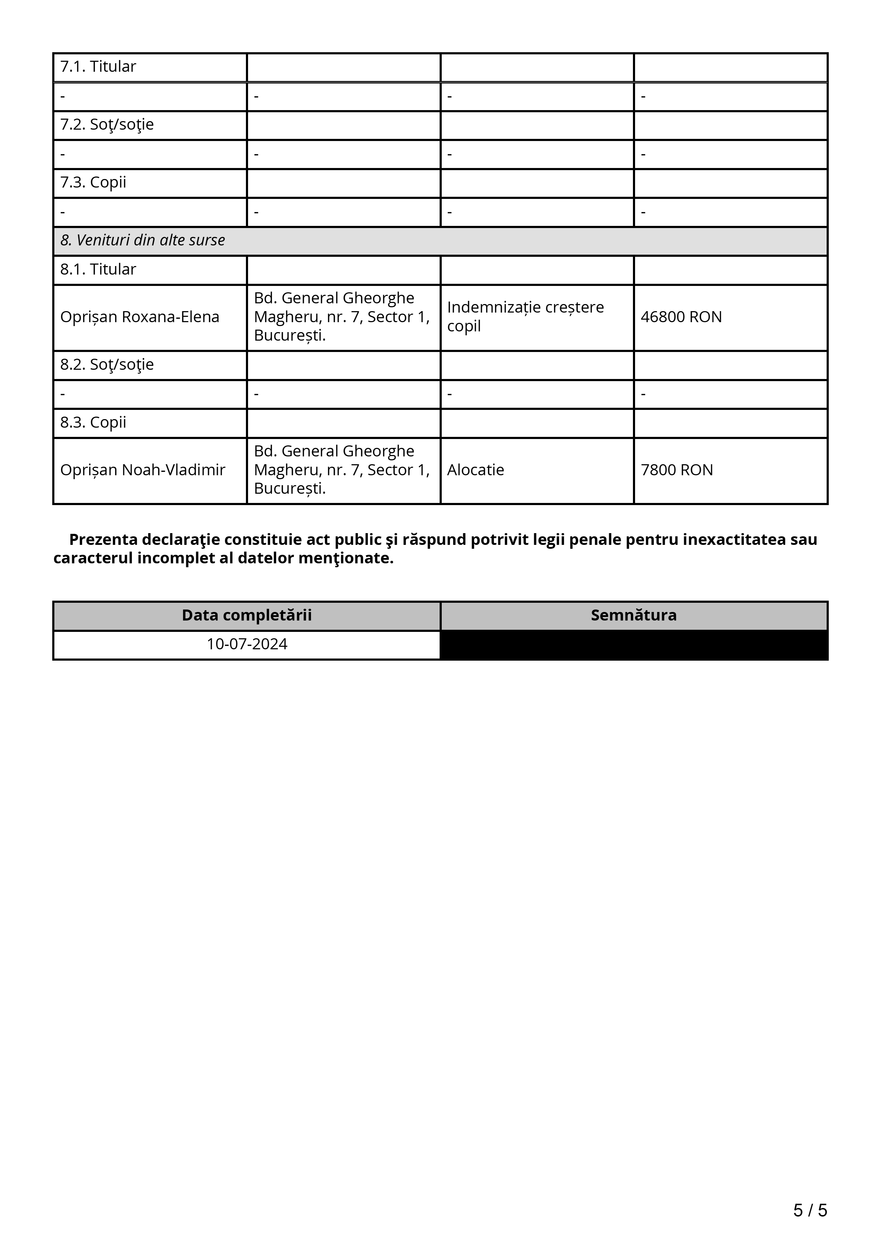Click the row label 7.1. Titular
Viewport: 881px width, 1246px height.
pos(98,67)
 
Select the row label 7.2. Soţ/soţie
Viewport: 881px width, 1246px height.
pos(107,125)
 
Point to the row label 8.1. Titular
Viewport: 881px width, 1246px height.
pos(98,270)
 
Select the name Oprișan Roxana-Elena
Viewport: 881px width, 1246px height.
pos(140,317)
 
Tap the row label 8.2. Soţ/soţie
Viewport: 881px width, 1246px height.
pos(107,365)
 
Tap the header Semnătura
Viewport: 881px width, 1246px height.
pos(633,616)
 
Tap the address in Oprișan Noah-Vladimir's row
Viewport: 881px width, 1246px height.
pos(342,470)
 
